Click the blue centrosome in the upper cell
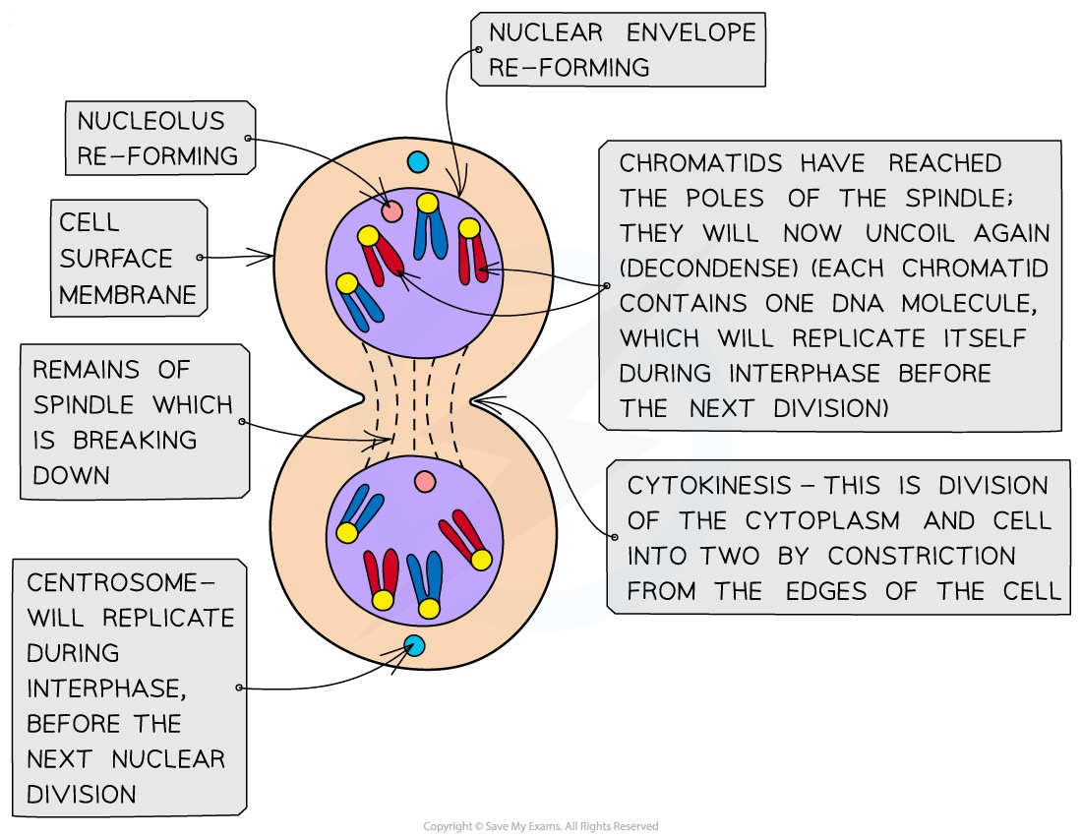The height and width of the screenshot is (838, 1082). (418, 162)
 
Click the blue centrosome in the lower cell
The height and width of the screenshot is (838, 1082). (414, 646)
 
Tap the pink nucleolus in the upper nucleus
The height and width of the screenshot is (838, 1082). (392, 211)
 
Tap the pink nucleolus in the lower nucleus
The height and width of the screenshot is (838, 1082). (425, 482)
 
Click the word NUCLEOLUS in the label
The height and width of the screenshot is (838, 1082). (151, 121)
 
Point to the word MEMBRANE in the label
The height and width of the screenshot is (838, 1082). (129, 294)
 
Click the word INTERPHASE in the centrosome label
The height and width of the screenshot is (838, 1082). (105, 688)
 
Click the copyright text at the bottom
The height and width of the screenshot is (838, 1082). (541, 826)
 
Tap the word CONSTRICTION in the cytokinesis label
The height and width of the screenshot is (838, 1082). (922, 556)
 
